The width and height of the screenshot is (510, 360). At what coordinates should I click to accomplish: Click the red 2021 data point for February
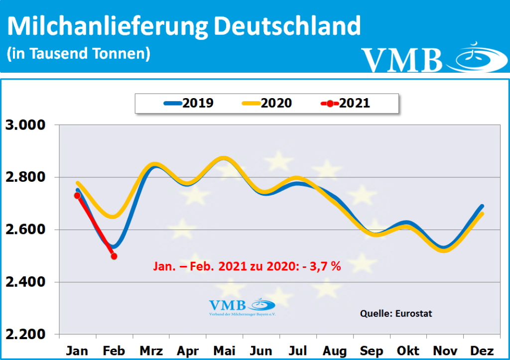point(114,256)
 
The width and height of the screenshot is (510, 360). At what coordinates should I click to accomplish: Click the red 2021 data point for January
point(77,196)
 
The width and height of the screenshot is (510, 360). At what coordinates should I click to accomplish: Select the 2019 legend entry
point(189,103)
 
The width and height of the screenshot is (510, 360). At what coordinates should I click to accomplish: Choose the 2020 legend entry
point(267,103)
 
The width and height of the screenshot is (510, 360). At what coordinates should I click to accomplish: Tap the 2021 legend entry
point(346,103)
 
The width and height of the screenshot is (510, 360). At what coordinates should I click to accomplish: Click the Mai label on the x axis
point(224,351)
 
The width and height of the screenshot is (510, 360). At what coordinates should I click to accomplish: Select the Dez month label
point(482,351)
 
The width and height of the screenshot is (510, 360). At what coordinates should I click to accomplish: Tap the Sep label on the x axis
point(371,351)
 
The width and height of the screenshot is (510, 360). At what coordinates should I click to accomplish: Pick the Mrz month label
point(150,351)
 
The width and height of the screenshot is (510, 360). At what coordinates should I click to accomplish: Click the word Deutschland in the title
point(288,26)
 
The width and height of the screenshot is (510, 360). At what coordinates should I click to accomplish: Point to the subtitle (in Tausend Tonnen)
point(79,53)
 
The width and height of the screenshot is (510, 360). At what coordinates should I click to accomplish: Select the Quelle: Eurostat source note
point(396,314)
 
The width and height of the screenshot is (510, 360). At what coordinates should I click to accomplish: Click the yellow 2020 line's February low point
point(114,217)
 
